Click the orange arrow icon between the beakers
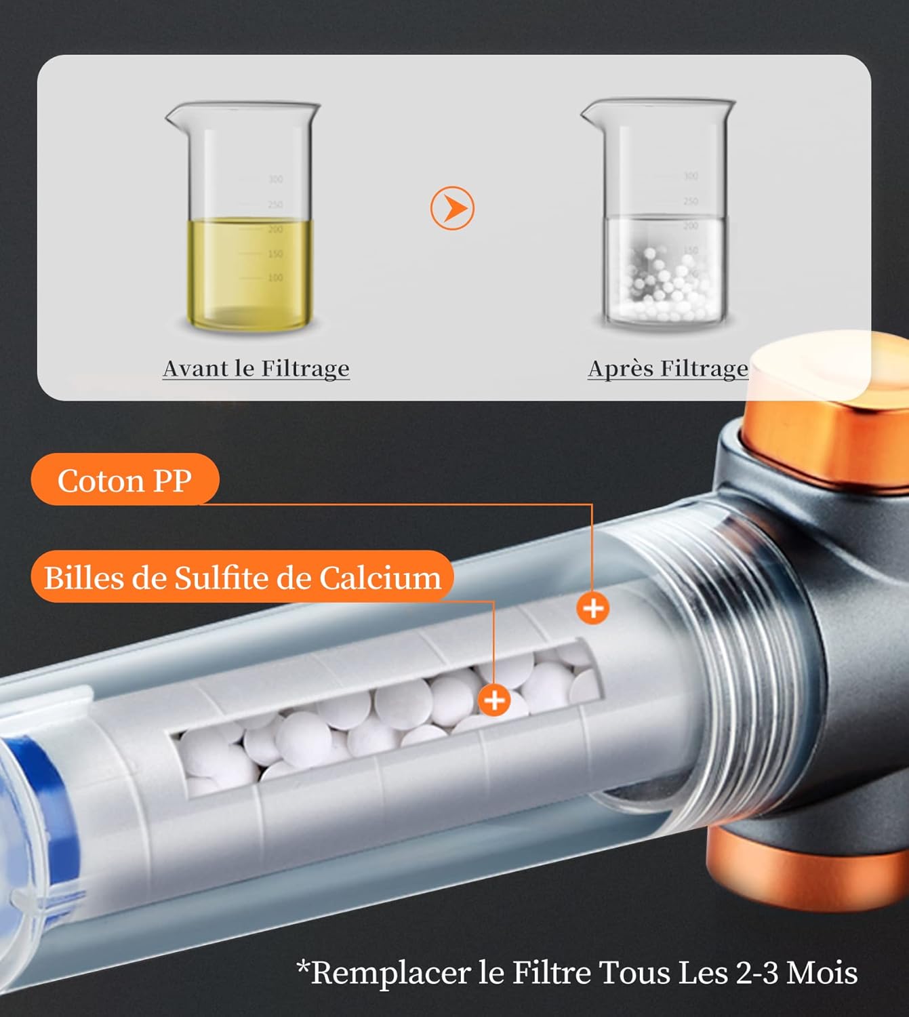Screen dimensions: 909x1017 tap(451, 208)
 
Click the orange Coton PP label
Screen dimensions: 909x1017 tap(125, 479)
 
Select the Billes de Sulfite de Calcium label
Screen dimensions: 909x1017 tap(242, 577)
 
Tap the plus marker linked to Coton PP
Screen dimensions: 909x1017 tap(593, 608)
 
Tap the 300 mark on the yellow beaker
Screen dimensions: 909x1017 tap(276, 179)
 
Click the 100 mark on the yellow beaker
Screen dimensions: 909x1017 tap(276, 277)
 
